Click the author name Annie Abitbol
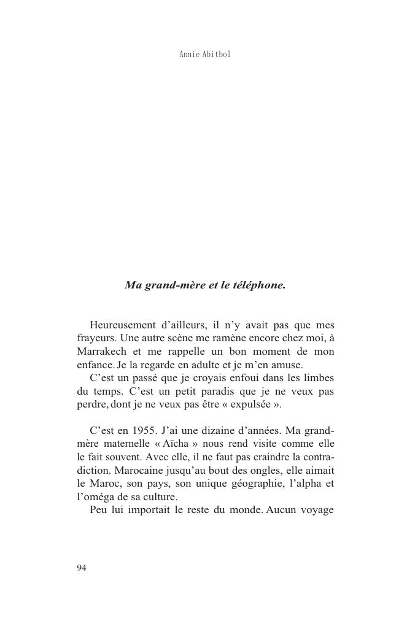(204, 55)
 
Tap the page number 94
(82, 568)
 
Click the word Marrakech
(102, 351)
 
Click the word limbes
(319, 377)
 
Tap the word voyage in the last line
(317, 510)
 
